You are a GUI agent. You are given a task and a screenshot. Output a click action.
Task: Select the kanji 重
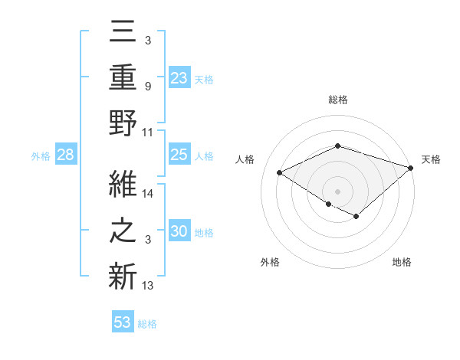tap(123, 77)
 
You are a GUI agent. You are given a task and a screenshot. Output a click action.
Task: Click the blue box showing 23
tap(179, 78)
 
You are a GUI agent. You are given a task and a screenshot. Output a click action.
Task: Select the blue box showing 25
tap(179, 155)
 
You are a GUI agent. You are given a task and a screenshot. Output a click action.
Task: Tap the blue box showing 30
tap(179, 231)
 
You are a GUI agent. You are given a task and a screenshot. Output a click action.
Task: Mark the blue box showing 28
tap(65, 155)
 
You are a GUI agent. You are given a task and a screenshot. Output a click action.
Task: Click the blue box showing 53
tap(123, 322)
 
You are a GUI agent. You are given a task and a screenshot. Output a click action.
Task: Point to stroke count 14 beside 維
tap(149, 194)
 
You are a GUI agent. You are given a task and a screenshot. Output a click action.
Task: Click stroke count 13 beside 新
tap(149, 286)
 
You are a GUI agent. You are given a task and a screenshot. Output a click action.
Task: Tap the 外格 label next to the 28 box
tap(41, 156)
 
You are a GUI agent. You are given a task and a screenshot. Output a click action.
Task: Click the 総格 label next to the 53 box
tap(147, 323)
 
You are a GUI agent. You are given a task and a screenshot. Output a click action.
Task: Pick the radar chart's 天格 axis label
tap(431, 159)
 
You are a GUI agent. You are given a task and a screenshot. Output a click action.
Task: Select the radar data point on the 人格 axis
tap(280, 173)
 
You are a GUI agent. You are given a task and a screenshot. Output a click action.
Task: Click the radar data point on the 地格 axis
tap(356, 217)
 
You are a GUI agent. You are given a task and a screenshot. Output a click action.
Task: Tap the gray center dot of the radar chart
tap(337, 190)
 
